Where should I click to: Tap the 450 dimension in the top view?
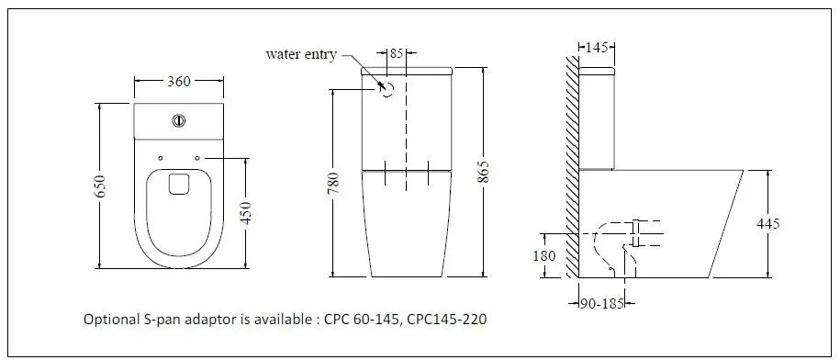[245, 213]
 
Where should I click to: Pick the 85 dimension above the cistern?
[397, 53]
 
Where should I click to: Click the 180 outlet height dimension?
[544, 256]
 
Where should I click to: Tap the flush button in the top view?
[180, 119]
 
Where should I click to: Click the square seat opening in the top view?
[179, 184]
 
